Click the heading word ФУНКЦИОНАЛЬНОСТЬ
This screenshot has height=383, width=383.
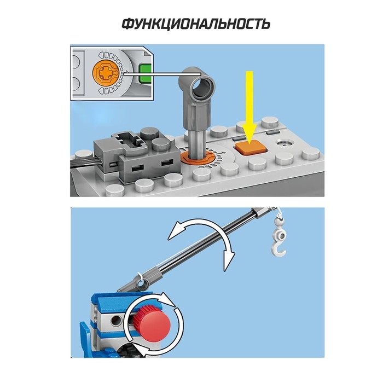click(x=196, y=24)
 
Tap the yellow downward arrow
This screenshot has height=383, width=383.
click(x=249, y=107)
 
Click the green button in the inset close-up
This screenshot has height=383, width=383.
click(x=146, y=74)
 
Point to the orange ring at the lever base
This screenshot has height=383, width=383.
click(x=198, y=158)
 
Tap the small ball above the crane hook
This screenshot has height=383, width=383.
click(x=279, y=222)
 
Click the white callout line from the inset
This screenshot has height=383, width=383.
click(x=162, y=74)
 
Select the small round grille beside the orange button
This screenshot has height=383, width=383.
click(x=285, y=143)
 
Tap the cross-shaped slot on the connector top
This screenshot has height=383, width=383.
click(x=128, y=141)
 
